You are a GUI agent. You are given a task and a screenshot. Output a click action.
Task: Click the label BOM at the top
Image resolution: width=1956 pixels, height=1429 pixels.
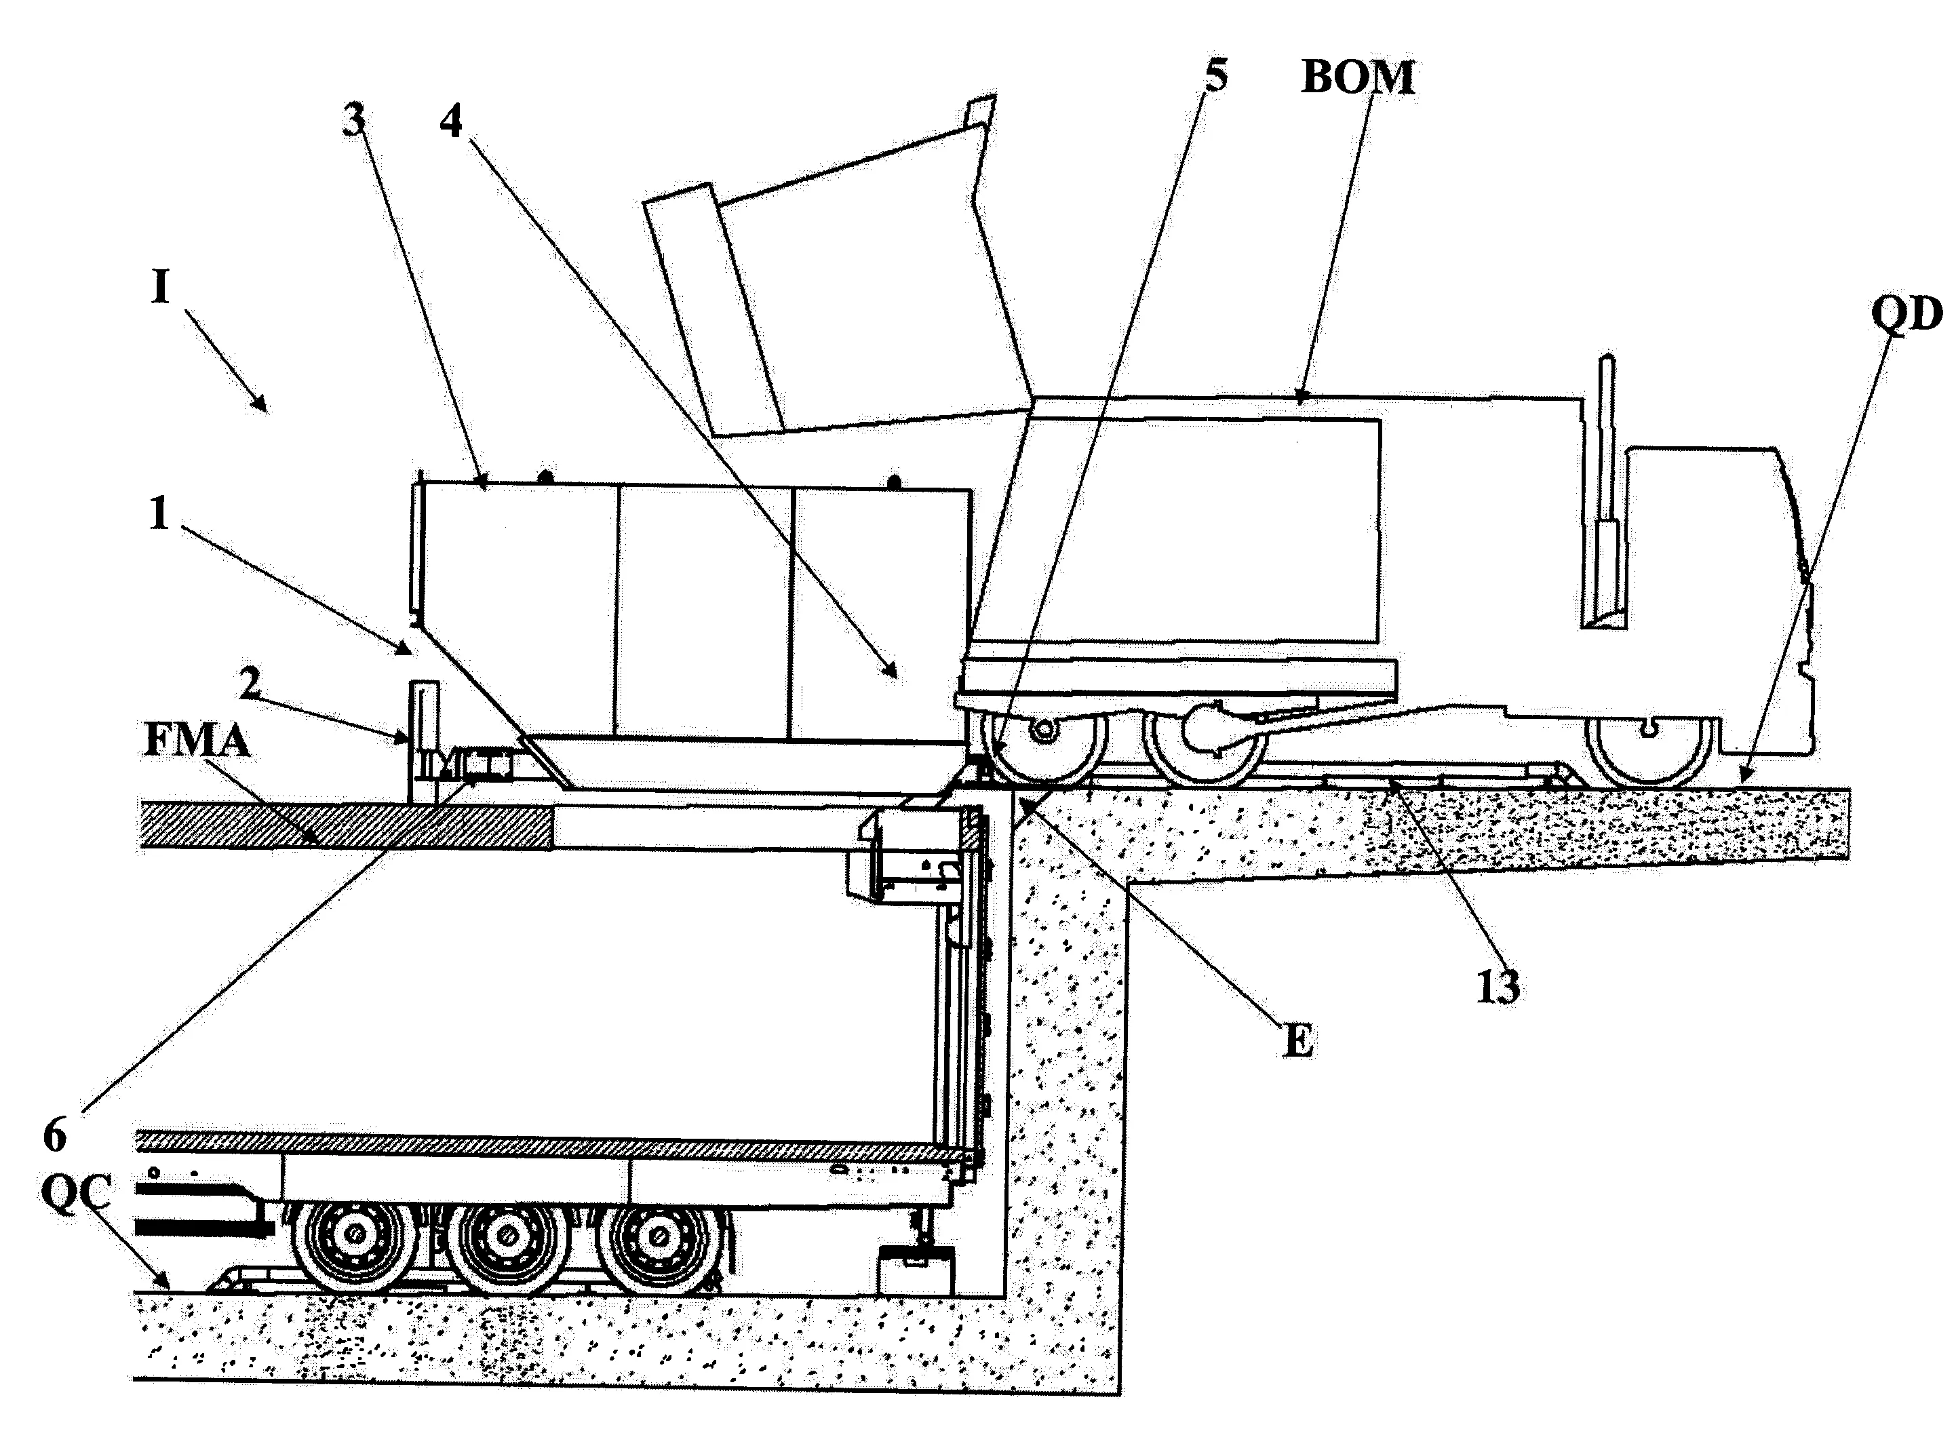[x=1357, y=78]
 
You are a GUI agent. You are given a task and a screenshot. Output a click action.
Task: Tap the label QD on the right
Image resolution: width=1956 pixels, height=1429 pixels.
[x=1906, y=315]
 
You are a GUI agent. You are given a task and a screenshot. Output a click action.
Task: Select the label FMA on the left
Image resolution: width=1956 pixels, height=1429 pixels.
[x=197, y=742]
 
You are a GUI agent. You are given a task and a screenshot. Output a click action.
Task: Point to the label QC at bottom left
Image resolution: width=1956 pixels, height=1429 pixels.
[x=76, y=1196]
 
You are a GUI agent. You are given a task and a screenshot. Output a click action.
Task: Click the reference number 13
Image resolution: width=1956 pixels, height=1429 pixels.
[x=1498, y=987]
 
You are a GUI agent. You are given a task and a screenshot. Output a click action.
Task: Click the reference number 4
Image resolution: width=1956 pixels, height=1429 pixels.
[x=451, y=122]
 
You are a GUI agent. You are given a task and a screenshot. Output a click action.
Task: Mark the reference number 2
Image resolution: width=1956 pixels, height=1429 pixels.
[x=249, y=684]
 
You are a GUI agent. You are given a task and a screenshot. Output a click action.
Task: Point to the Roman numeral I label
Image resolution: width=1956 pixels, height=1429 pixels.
[x=160, y=287]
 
